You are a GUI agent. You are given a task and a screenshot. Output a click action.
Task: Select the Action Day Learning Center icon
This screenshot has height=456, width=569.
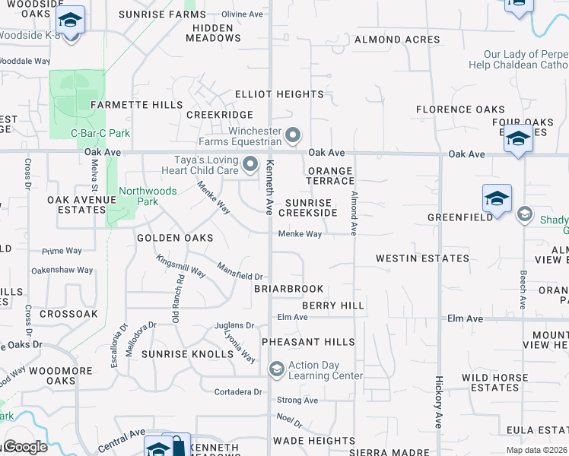276,370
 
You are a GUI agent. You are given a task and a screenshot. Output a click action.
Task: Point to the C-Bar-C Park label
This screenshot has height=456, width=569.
100,133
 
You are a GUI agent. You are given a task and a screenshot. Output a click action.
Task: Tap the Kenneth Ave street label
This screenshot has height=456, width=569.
269,187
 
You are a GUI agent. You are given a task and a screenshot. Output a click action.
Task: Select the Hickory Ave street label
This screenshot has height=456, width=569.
438,403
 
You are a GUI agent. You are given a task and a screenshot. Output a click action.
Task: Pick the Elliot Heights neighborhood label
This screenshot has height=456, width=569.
279,94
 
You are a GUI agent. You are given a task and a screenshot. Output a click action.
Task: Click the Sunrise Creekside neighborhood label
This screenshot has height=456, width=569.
311,207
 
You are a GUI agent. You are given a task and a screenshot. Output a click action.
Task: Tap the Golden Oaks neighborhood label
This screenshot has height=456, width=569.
174,238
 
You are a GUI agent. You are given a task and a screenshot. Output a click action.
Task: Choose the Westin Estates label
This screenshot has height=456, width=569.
422,258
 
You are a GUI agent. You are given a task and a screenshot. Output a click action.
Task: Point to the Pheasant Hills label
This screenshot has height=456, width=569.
308,343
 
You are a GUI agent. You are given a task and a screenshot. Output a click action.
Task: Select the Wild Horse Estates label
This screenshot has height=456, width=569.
494,382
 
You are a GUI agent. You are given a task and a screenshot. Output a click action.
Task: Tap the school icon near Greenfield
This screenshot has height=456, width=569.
497,199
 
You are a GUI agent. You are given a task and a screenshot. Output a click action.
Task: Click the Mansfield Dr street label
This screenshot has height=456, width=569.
240,271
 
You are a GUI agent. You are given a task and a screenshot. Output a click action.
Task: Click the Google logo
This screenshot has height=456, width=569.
24,447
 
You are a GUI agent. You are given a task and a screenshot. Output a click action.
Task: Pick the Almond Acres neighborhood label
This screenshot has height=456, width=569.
397,40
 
